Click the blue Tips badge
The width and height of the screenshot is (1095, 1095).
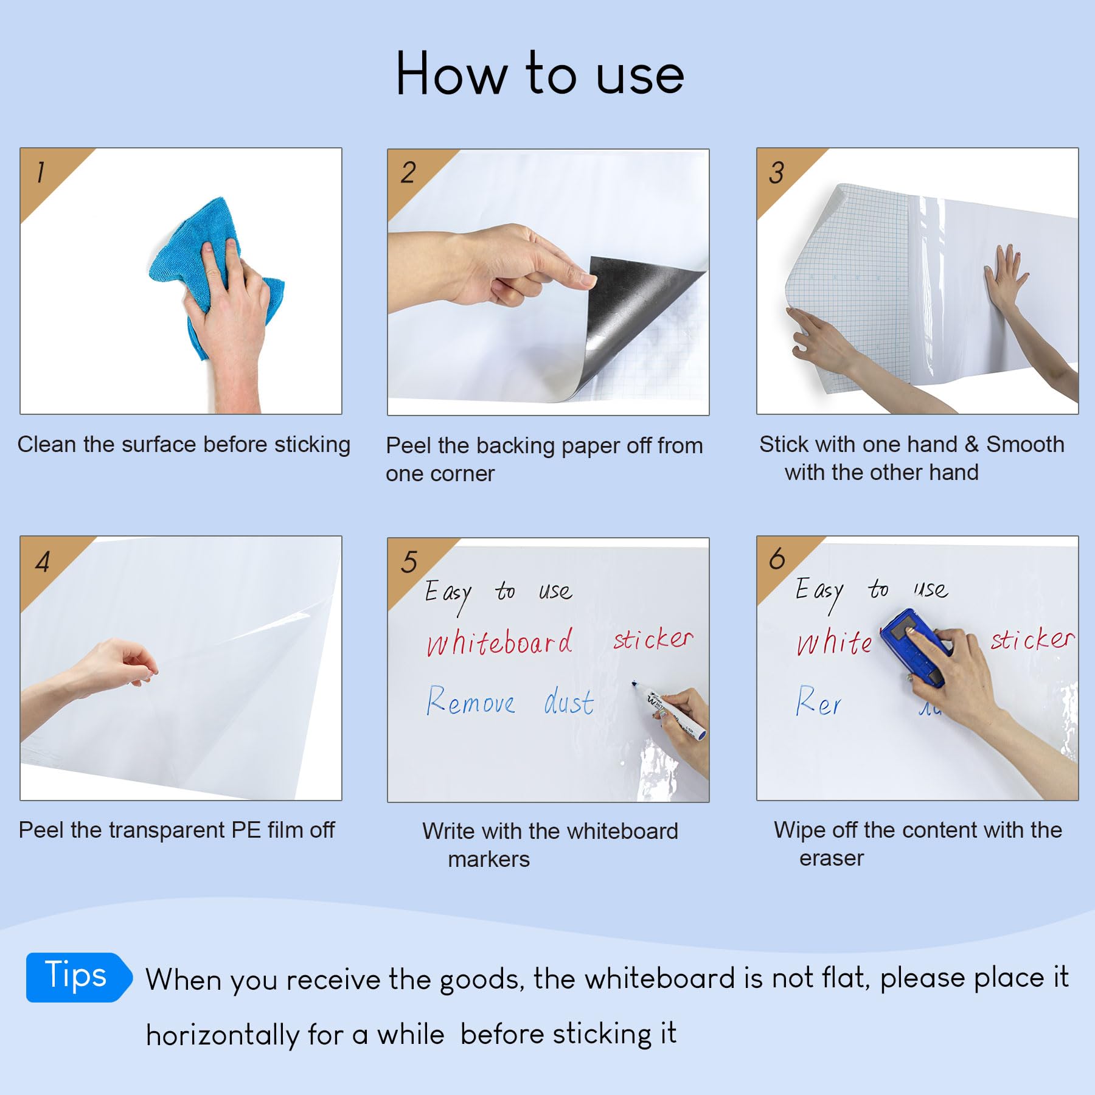point(78,977)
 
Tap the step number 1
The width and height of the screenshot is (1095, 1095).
point(41,172)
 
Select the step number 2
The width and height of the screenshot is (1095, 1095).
point(408,172)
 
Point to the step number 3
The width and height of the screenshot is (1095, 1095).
point(776,172)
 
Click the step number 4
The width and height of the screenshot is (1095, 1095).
point(43,561)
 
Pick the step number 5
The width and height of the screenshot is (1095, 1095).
point(409,561)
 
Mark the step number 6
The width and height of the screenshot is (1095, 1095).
point(777,558)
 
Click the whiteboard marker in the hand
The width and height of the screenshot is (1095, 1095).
point(669,710)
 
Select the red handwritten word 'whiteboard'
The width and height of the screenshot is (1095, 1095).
point(499,642)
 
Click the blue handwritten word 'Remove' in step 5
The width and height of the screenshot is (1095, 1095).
point(470,701)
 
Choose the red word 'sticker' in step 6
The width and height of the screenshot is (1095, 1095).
point(1032,639)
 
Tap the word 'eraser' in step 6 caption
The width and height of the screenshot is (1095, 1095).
point(832,858)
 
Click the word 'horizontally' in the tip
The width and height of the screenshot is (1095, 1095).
point(222,1035)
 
